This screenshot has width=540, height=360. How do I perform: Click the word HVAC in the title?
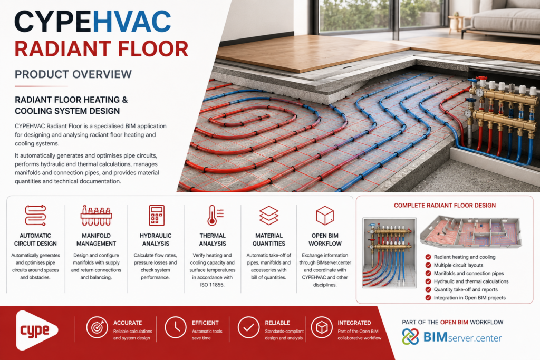point(132,22)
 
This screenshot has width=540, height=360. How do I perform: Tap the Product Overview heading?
point(73,74)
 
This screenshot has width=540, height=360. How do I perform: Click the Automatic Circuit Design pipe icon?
point(35,215)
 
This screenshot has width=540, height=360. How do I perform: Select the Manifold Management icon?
point(96,216)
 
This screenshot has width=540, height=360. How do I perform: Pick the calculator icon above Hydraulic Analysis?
point(156,215)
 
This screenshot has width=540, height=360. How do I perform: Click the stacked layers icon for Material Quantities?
point(269,215)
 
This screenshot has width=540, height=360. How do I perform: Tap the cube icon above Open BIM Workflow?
point(325,216)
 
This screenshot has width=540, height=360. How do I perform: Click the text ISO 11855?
point(212,285)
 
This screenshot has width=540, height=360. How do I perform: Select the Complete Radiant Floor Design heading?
point(445,206)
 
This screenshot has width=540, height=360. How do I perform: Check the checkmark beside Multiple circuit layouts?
point(428,265)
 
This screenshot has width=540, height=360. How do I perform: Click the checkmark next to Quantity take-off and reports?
point(428,289)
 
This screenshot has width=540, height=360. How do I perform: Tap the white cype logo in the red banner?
point(36,330)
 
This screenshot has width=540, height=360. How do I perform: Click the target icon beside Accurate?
point(97,327)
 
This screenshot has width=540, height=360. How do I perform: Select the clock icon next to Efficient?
point(176,327)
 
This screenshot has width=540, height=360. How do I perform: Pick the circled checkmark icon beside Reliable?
point(249,327)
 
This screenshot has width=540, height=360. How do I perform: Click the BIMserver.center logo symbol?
point(410,337)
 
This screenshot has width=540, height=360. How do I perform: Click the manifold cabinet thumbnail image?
point(390,252)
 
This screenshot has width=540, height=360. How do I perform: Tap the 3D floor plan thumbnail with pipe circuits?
point(471,232)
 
